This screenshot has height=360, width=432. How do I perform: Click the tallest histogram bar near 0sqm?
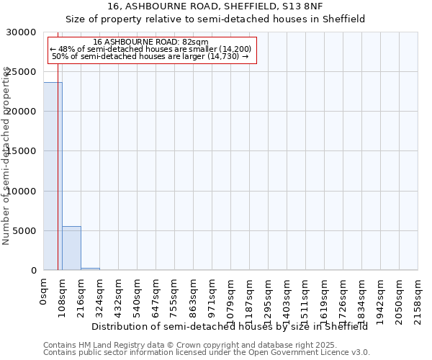pos(53,176)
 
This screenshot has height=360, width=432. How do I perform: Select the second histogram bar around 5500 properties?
pos(71,248)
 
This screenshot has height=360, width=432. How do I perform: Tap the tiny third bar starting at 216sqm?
pos(90,269)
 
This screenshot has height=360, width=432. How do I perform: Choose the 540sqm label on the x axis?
pos(138,294)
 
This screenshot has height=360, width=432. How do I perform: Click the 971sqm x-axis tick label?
pos(212,294)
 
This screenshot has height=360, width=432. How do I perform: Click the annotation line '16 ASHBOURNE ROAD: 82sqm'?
pos(150,42)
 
